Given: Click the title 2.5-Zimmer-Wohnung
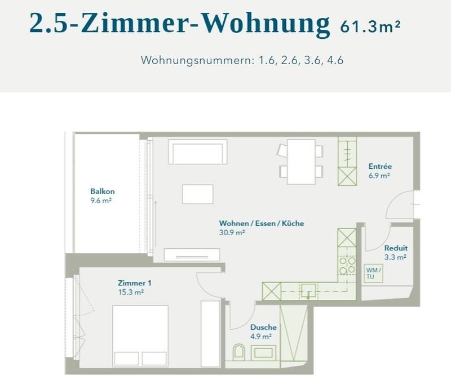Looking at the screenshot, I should tap(179, 24).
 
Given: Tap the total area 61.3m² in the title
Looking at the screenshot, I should tap(370, 26).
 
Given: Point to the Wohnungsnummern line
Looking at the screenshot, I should tap(242, 60).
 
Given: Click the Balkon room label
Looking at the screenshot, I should tap(102, 191).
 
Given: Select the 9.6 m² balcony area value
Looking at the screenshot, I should tap(102, 200).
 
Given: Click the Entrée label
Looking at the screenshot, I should tap(380, 167).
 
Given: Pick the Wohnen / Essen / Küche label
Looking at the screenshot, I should tap(262, 223).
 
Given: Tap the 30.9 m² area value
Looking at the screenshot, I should tap(232, 232).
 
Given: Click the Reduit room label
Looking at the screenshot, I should tap(396, 248).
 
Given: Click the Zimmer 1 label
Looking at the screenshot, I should tap(134, 283).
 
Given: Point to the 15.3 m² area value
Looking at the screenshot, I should tap(131, 292).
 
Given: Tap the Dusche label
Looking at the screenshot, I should tap(263, 327).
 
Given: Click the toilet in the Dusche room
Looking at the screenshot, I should tap(238, 353).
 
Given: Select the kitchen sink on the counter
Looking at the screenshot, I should tap(307, 290).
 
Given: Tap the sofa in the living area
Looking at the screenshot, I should tap(198, 151).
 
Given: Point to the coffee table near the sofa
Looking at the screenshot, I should tap(197, 194).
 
